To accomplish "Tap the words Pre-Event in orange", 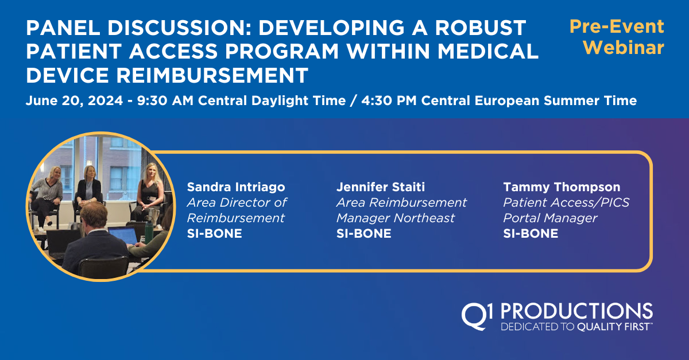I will [x=616, y=26].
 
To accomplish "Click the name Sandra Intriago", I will [x=236, y=187].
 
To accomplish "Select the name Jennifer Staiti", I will [x=381, y=187].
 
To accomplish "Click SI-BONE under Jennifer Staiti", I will [x=363, y=234].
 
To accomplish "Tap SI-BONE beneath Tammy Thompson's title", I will [x=531, y=234].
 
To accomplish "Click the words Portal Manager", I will [x=550, y=218].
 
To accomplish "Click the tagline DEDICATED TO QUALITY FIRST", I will [x=576, y=327].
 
